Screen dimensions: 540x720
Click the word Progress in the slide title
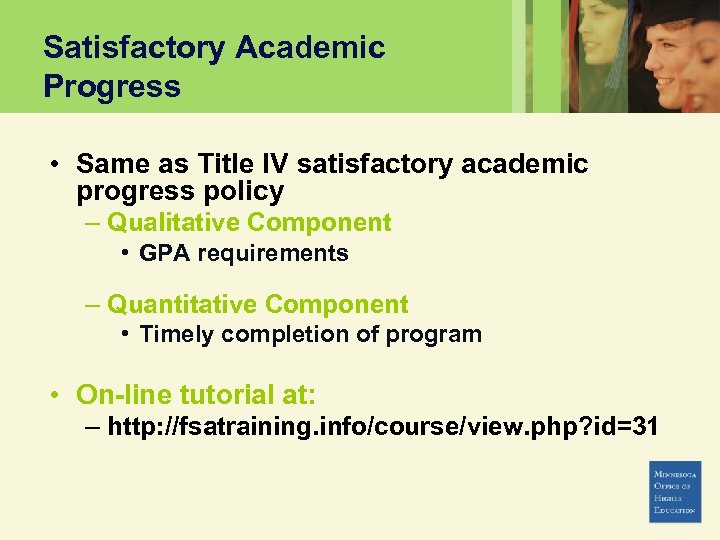point(112,86)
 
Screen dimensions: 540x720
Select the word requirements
point(272,254)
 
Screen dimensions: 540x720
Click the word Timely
point(175,335)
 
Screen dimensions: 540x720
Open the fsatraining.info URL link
point(382,427)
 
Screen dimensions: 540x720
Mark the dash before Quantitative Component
point(93,304)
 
